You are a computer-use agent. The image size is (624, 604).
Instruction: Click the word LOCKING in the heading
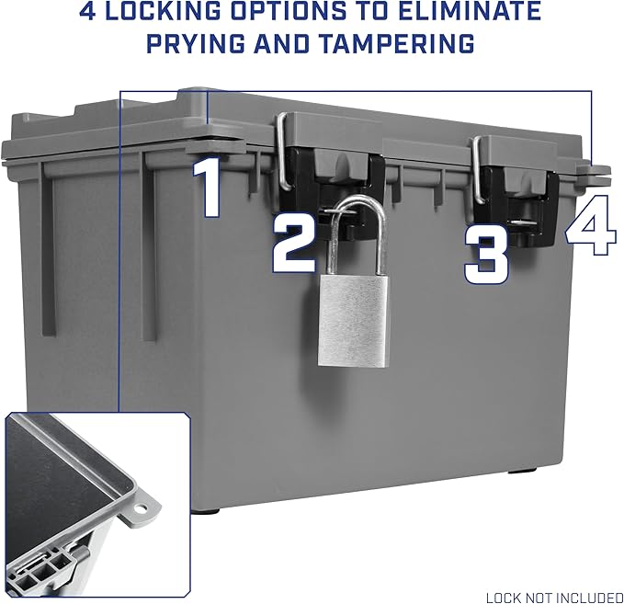[163, 11]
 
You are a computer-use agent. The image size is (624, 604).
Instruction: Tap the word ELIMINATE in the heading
[471, 11]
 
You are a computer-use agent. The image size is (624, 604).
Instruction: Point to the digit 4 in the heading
[87, 11]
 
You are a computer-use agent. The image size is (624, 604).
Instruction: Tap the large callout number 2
[295, 245]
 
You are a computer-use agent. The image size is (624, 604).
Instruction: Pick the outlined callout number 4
[591, 225]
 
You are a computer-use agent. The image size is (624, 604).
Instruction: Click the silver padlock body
[352, 321]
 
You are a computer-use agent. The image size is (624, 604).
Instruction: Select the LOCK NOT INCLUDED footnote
[554, 598]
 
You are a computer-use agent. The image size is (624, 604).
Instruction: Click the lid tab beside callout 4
[594, 172]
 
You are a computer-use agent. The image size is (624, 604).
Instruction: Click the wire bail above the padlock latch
[282, 152]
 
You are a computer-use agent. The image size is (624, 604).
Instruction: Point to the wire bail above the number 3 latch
[478, 170]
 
